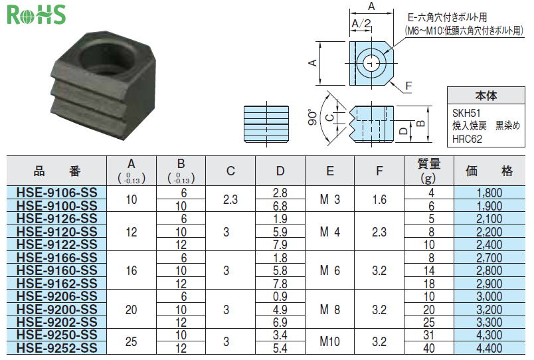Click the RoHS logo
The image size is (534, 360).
[36, 15]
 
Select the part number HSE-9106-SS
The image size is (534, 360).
[57, 193]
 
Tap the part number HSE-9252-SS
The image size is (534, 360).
[57, 348]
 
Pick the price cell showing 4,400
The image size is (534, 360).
[489, 348]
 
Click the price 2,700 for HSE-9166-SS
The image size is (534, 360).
[489, 258]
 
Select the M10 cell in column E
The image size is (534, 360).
[329, 341]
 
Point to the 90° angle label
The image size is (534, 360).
[313, 116]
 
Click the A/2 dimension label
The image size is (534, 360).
[361, 23]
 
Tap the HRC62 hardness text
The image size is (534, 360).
[468, 139]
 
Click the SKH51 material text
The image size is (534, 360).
[466, 113]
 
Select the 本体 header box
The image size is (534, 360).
[486, 96]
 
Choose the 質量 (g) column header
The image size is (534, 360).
[429, 171]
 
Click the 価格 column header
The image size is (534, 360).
[489, 171]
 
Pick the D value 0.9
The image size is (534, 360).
[280, 296]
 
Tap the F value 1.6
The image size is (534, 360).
[379, 199]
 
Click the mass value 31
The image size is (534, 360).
[429, 335]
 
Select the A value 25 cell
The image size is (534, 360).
[132, 341]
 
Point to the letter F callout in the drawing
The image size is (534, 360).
[408, 86]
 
